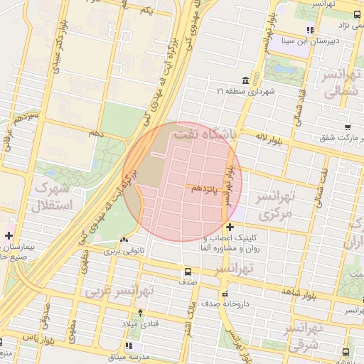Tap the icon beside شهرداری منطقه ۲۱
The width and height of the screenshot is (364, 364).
tap(245, 80)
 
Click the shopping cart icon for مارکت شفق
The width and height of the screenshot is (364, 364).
tap(347, 129)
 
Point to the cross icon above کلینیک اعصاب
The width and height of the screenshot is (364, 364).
tap(229, 227)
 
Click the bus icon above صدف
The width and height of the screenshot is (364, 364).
tap(188, 272)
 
